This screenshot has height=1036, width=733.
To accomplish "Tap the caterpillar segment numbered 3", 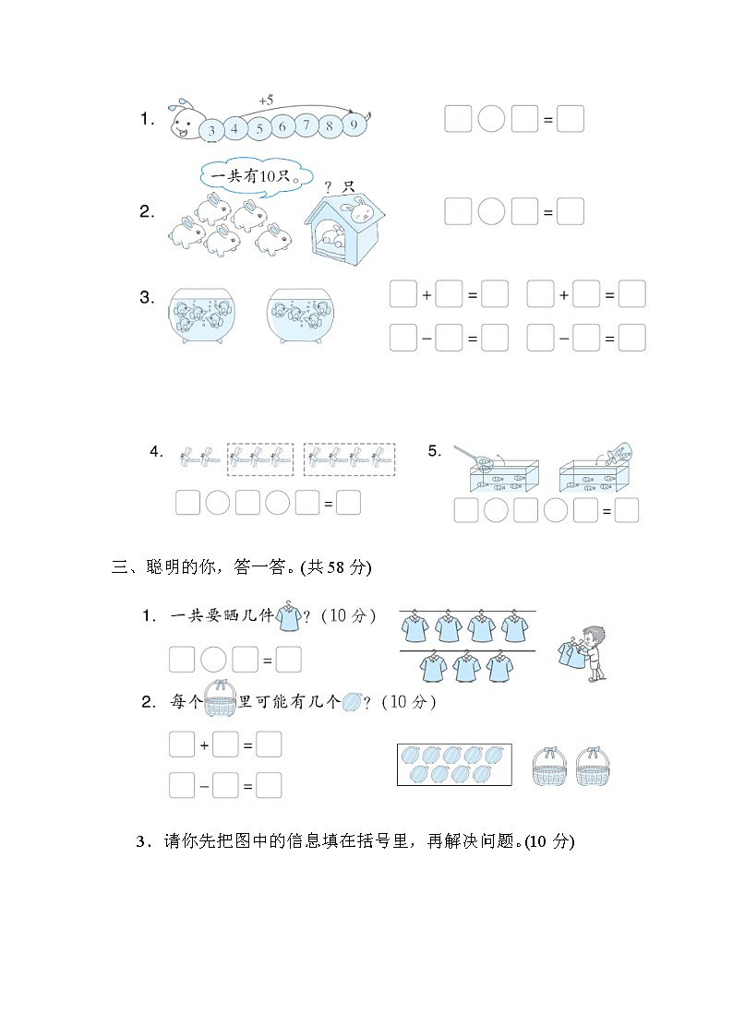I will click(211, 131).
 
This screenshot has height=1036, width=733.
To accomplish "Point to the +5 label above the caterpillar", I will click(267, 100).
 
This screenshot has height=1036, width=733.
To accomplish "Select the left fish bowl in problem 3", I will click(203, 316).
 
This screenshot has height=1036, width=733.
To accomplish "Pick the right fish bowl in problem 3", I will click(299, 316).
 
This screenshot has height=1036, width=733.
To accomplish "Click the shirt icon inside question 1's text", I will click(289, 617).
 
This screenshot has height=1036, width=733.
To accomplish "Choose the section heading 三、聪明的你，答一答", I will click(240, 567).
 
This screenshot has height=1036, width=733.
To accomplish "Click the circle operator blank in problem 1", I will click(491, 119).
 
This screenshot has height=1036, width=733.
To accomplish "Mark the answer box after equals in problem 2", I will click(571, 211).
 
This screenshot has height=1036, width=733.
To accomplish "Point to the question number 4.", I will click(156, 452).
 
